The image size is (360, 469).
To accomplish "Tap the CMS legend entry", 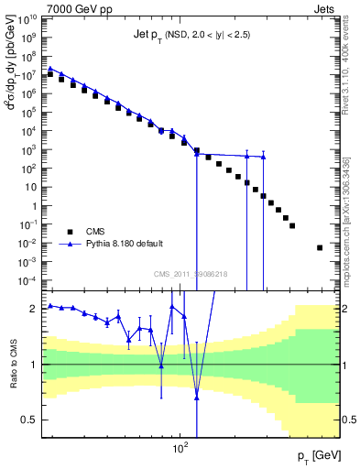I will click(95, 231).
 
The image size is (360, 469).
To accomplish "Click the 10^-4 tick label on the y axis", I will click(27, 279).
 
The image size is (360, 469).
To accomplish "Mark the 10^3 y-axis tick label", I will click(27, 149).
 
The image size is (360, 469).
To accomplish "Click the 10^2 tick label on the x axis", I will click(180, 449).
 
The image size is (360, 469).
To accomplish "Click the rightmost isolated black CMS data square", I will click(320, 247).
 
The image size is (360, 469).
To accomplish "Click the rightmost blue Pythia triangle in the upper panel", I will click(263, 157).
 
